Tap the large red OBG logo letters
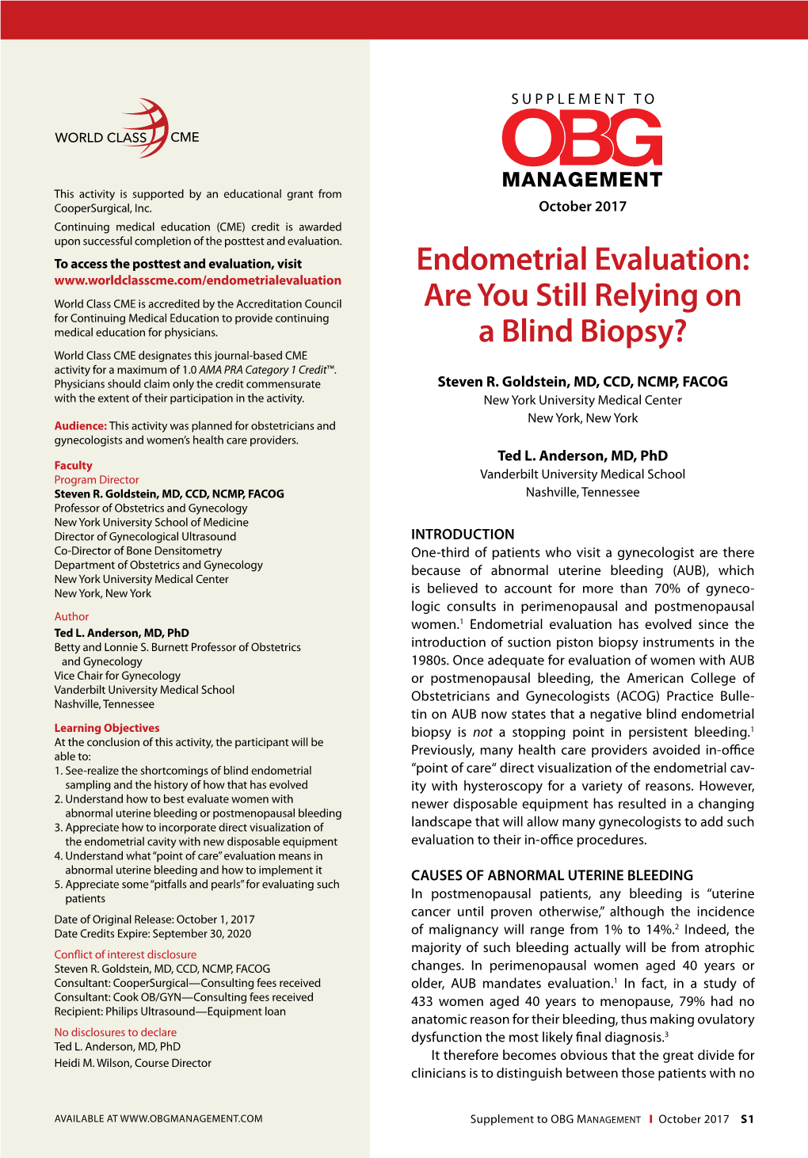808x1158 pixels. click(582, 139)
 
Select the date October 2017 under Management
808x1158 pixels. click(582, 207)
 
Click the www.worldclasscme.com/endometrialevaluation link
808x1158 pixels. click(197, 280)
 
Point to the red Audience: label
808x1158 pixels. click(80, 426)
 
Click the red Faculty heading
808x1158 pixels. click(73, 466)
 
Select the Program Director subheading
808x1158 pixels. click(97, 480)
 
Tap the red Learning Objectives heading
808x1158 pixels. click(107, 728)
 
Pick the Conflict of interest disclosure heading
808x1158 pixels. click(125, 954)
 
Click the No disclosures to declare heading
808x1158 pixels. click(115, 1032)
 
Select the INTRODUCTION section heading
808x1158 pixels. click(463, 535)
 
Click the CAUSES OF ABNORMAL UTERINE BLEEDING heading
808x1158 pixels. click(552, 875)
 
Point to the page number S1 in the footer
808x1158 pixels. click(747, 1119)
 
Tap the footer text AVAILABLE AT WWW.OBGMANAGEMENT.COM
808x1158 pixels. click(158, 1118)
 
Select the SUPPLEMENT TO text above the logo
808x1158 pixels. click(583, 99)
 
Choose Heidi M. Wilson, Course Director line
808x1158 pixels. click(132, 1063)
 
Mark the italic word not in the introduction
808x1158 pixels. click(482, 733)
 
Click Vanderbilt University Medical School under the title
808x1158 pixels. click(582, 474)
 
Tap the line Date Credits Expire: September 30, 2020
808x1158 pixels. click(152, 934)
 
